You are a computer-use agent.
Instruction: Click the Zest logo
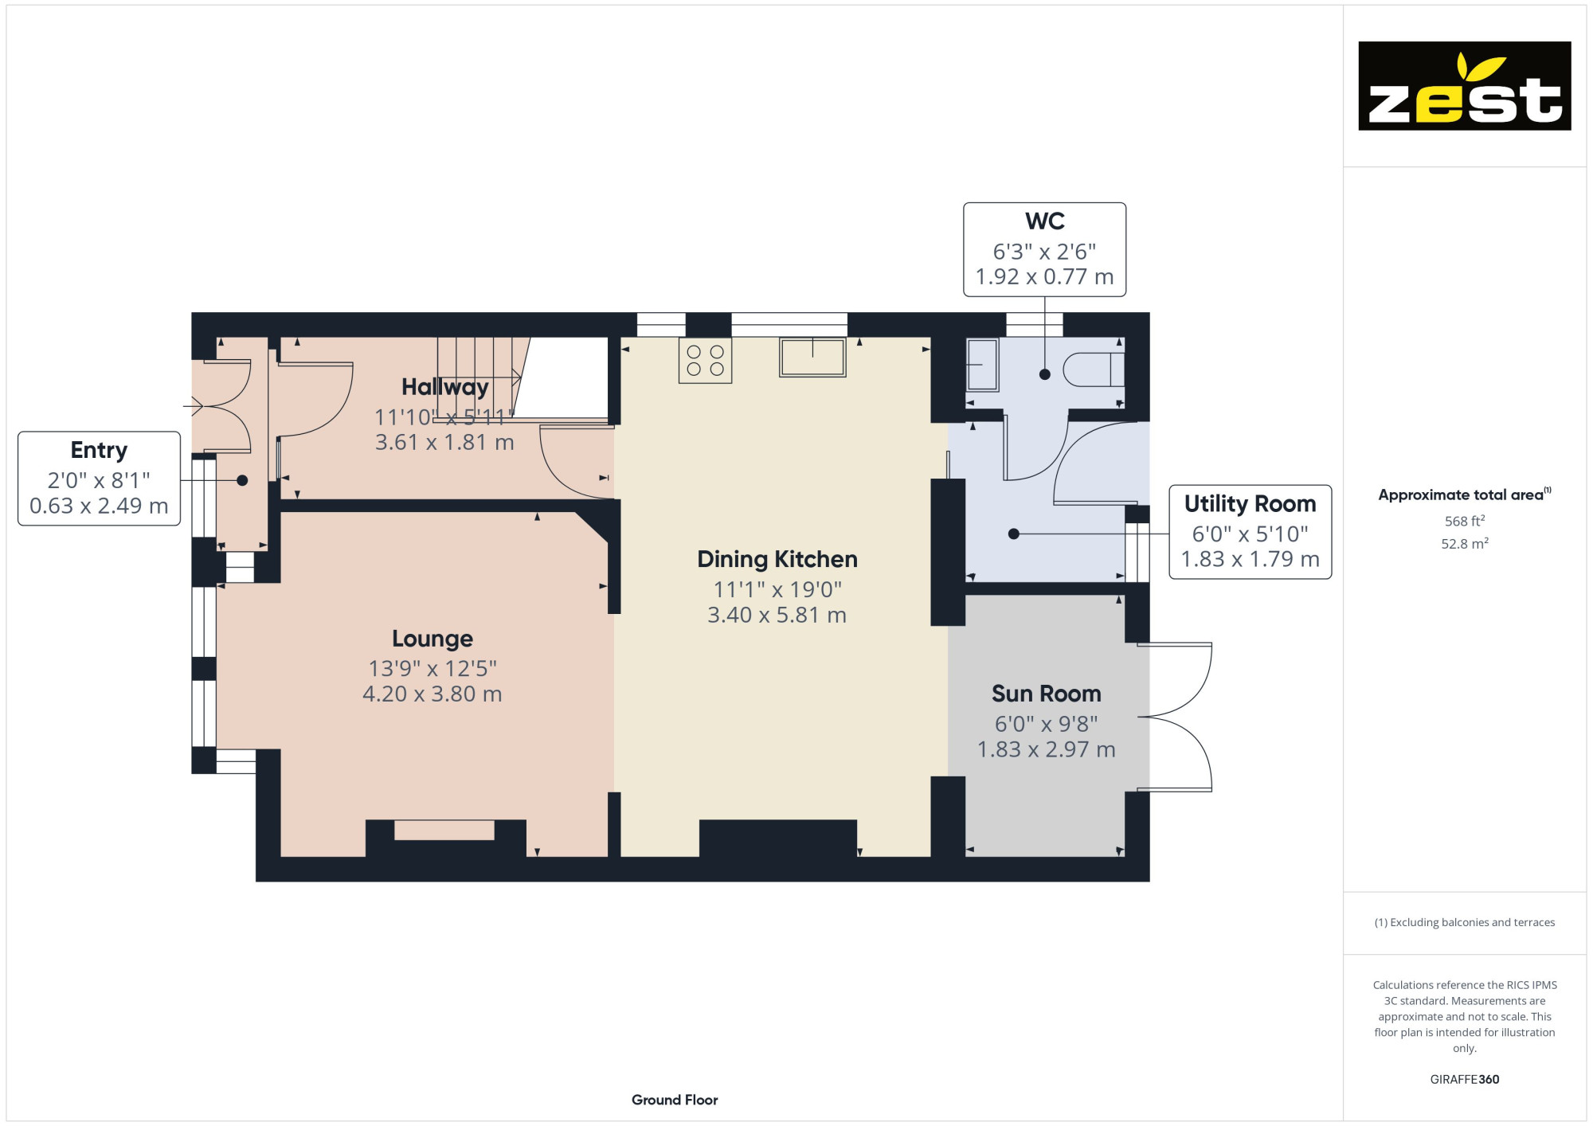point(1464,86)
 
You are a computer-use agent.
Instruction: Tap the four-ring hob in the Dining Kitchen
point(705,361)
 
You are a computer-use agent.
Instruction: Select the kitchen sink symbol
point(812,357)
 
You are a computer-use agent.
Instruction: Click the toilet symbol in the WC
point(1094,369)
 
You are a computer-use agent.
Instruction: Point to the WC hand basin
point(982,365)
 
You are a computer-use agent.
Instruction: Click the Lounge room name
point(432,639)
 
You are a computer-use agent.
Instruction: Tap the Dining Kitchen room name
point(777,559)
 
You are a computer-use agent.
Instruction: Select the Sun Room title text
point(1047,694)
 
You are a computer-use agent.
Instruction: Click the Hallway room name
point(445,387)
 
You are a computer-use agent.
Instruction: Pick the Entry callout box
point(100,479)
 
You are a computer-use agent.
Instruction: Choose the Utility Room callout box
point(1251,532)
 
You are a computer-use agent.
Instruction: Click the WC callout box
point(1045,249)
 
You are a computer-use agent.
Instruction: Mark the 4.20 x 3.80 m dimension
point(432,694)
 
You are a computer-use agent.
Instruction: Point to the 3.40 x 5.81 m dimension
point(777,616)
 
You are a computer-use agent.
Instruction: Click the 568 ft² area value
point(1465,521)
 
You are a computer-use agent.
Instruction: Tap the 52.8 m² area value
point(1465,543)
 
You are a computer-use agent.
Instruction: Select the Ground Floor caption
point(675,1100)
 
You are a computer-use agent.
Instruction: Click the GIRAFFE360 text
point(1465,1080)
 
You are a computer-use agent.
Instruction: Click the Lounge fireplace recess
point(444,831)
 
